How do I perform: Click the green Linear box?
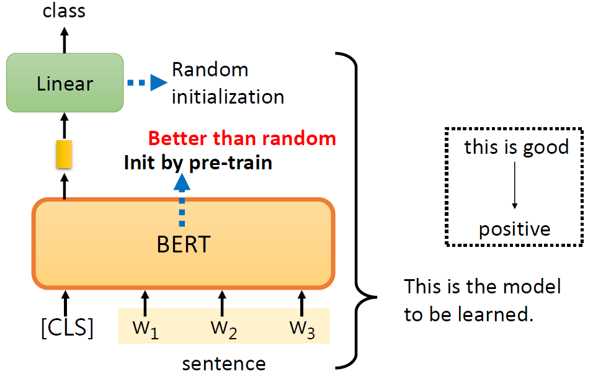(x=65, y=82)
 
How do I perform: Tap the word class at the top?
(x=64, y=11)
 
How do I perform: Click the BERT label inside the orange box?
(x=184, y=244)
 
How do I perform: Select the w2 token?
(x=223, y=329)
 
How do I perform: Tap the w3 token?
(x=301, y=329)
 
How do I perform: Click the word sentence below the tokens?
(x=223, y=363)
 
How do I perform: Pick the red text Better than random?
(x=243, y=138)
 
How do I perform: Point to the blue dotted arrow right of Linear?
(x=147, y=82)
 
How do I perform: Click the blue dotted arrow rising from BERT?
(x=182, y=200)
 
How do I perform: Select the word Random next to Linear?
(x=210, y=69)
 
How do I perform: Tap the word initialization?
(x=228, y=97)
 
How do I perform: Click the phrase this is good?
(x=516, y=147)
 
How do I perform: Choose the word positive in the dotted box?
(x=514, y=230)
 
